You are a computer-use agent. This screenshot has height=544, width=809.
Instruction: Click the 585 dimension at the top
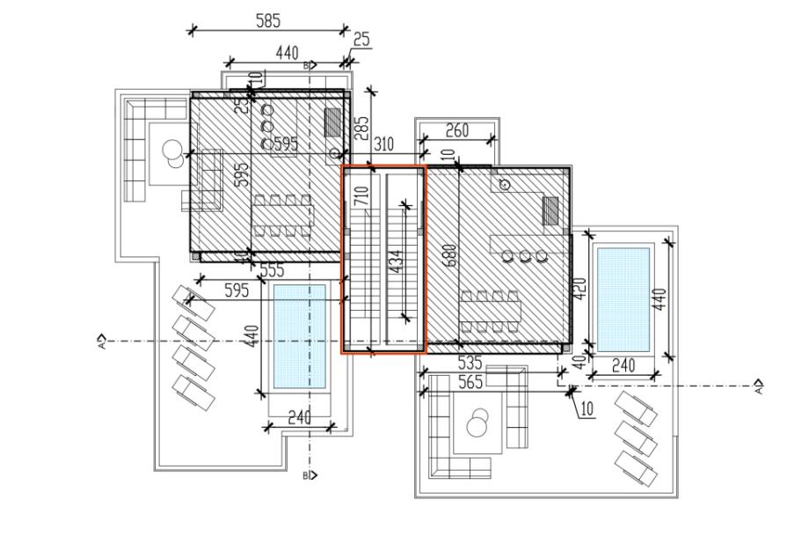(268, 21)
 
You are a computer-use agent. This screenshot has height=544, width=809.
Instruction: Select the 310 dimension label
(383, 144)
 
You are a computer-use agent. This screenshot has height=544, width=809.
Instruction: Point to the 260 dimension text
(456, 130)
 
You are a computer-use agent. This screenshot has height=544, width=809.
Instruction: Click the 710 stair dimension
(361, 195)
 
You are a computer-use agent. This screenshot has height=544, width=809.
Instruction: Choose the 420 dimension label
(579, 288)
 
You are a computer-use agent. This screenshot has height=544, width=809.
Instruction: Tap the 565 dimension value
(471, 381)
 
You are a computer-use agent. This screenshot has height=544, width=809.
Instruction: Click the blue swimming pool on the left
(299, 337)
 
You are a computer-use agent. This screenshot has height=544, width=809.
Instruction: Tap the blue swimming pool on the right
(623, 297)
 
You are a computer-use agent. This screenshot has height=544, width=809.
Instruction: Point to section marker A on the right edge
(759, 386)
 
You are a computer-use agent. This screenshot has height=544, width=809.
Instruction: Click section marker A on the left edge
(103, 339)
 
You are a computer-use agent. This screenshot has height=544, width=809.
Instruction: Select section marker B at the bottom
(308, 475)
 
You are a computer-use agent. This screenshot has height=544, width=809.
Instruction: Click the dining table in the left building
(282, 217)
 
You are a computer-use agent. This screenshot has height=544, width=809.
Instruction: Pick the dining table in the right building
(491, 312)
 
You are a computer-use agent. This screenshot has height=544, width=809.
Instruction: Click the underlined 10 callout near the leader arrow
(587, 408)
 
